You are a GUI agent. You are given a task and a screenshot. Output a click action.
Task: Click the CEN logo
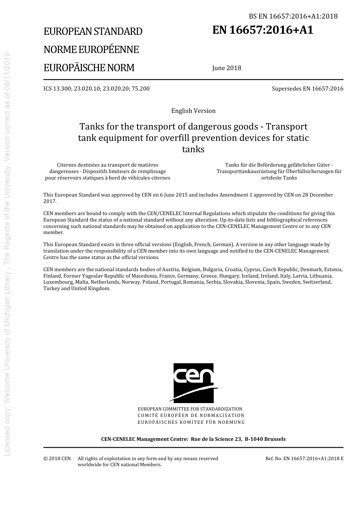[x=193, y=383]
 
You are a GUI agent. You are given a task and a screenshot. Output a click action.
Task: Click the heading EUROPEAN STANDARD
[x=93, y=31]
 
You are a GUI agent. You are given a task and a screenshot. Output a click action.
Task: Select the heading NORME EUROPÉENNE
[x=91, y=50]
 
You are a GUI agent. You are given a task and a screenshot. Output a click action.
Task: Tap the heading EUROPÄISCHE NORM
[x=89, y=68]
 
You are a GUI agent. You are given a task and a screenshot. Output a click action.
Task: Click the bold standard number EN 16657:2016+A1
[x=263, y=30]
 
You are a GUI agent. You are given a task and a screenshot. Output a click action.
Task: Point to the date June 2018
[x=227, y=68]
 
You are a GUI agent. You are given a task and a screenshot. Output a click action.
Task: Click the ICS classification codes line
[x=96, y=89]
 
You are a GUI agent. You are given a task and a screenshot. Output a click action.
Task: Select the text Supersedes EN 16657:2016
[x=307, y=89]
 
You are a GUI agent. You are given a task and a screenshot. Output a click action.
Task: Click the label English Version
[x=193, y=111]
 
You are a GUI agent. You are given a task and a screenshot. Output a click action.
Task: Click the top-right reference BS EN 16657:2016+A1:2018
[x=293, y=16]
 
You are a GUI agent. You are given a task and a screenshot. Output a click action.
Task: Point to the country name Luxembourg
[x=58, y=282]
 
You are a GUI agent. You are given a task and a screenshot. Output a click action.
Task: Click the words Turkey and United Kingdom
[x=77, y=289]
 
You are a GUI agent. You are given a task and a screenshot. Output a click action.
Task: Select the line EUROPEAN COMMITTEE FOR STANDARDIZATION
[x=190, y=409]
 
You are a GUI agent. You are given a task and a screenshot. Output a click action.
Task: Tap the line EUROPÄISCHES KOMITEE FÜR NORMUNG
[x=191, y=422]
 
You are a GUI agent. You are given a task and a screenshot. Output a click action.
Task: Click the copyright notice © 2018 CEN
[x=57, y=459]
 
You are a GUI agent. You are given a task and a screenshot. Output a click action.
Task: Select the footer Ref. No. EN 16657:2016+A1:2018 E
[x=304, y=459]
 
